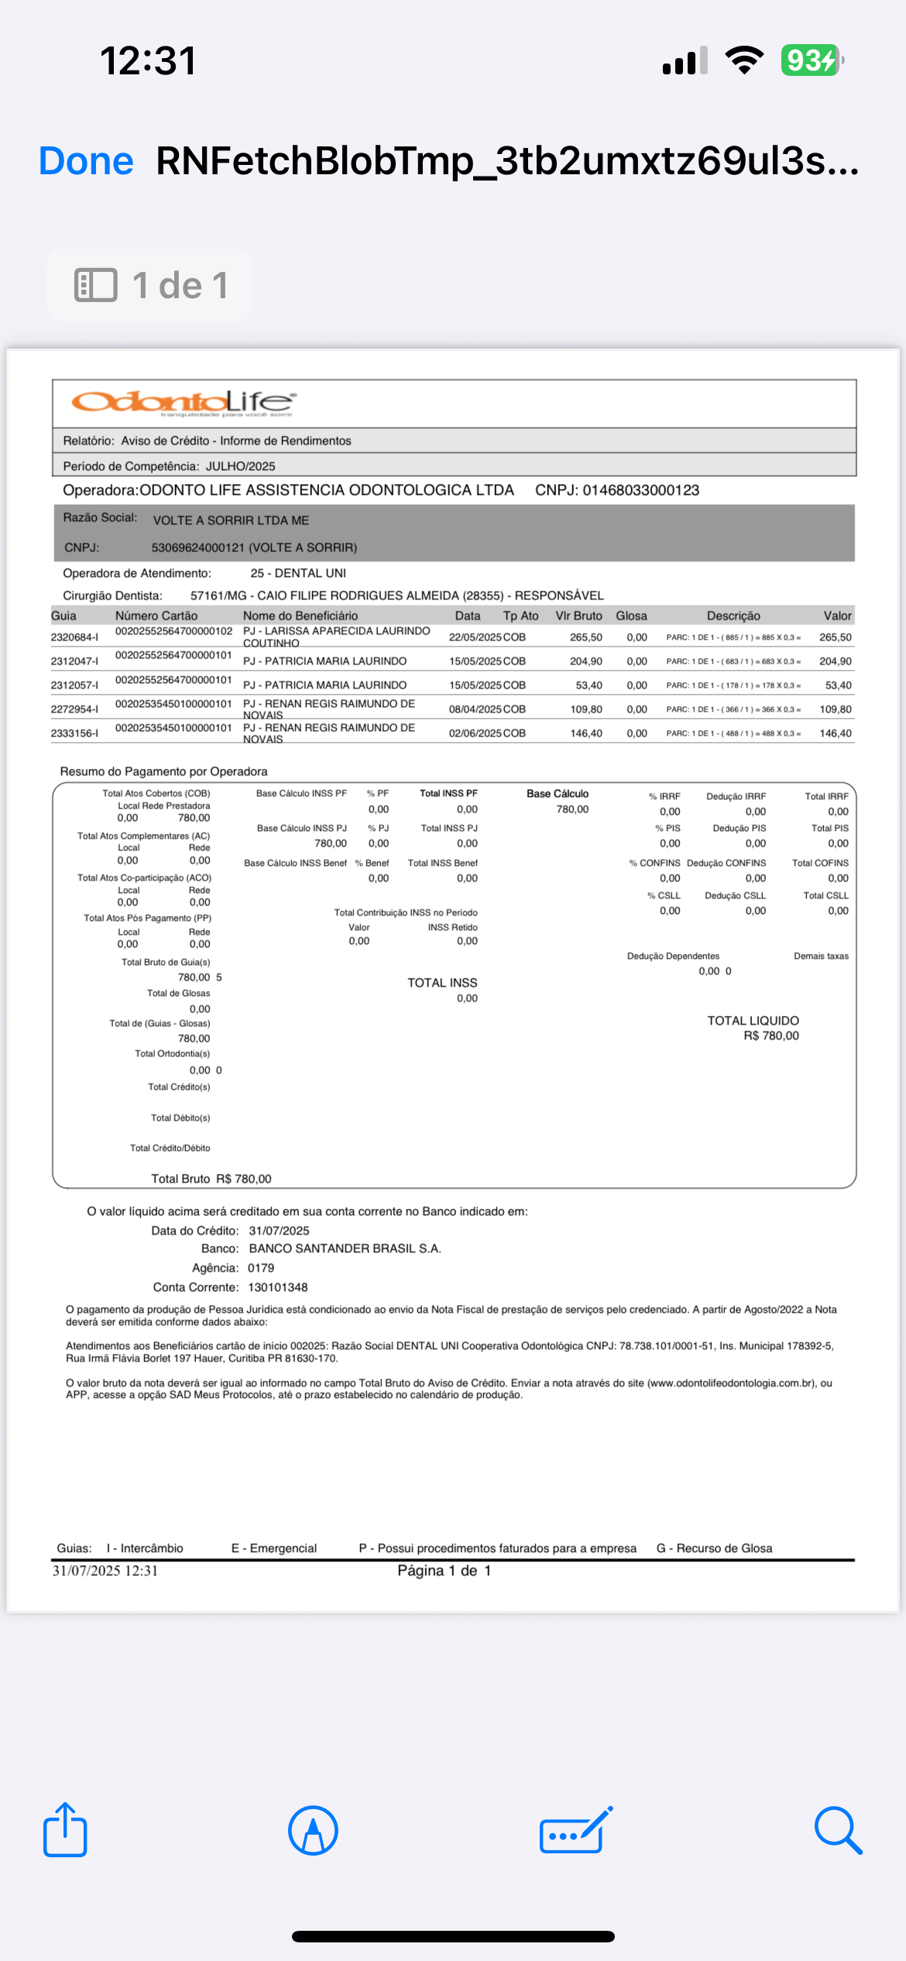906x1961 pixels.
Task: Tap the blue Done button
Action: pos(86,161)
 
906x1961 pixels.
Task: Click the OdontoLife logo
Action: pos(183,402)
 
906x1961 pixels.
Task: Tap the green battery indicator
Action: pos(811,60)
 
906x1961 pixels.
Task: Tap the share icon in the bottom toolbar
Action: pos(65,1830)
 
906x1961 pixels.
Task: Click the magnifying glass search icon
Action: pos(838,1830)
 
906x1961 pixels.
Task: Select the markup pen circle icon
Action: pos(313,1830)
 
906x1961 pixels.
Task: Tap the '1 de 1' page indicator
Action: pos(150,285)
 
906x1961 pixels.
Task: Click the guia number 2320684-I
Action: pos(74,637)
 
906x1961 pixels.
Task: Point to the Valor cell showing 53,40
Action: pos(838,685)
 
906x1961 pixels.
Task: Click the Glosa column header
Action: pos(631,616)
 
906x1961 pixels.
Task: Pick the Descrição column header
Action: pos(733,616)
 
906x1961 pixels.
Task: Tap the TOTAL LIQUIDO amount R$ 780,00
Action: pos(771,1036)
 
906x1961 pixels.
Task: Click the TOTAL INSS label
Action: pos(442,983)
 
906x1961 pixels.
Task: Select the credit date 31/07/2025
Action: pos(279,1231)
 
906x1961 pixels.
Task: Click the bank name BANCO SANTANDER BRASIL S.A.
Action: pos(345,1248)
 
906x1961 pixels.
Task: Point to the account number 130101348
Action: pos(278,1287)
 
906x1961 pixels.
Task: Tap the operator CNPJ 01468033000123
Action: pos(640,490)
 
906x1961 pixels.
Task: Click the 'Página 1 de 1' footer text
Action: pos(444,1571)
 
